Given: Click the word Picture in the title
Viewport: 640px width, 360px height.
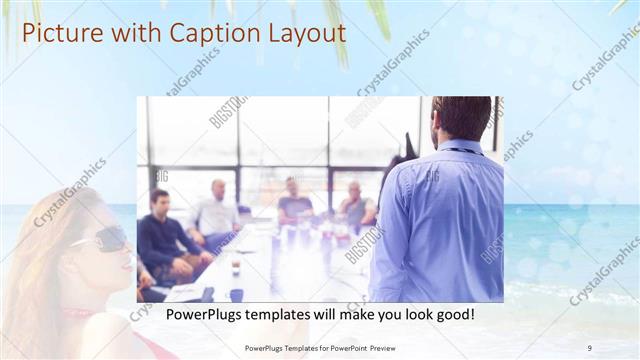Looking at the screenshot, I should pos(59,33).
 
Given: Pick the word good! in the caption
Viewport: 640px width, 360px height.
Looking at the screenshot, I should pos(452,314).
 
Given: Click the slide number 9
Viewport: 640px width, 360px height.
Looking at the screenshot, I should pos(589,347).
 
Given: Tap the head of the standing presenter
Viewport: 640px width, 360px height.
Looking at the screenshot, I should pos(461,118).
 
